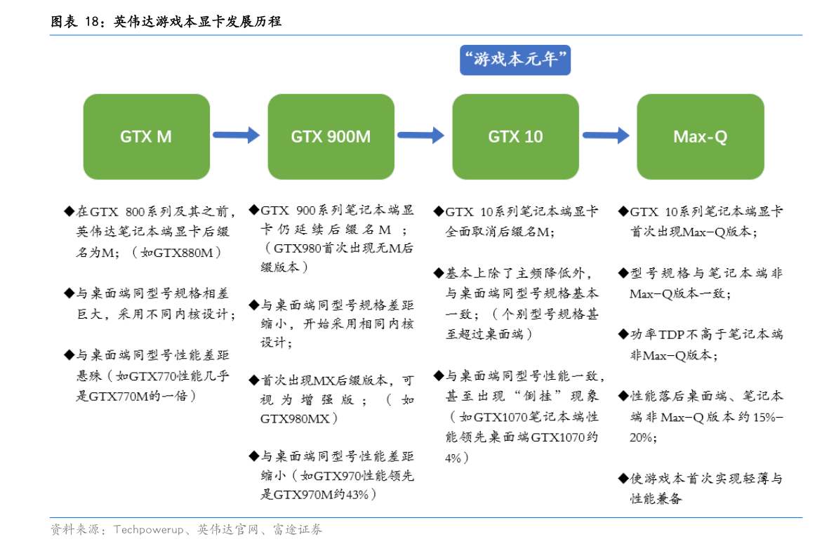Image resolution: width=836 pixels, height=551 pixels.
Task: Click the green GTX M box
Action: (147, 137)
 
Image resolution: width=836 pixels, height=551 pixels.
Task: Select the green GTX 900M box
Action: (331, 137)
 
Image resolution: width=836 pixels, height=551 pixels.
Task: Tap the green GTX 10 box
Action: (516, 137)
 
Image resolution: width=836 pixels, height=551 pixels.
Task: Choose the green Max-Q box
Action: (701, 137)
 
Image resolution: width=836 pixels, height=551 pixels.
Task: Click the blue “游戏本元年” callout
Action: (515, 60)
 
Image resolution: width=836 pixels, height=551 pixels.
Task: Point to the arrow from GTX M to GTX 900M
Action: (236, 135)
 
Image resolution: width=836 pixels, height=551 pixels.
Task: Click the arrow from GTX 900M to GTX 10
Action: (420, 135)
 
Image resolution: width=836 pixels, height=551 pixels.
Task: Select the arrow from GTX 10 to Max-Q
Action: (606, 135)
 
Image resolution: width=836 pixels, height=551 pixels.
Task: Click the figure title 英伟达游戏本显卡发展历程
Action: (197, 21)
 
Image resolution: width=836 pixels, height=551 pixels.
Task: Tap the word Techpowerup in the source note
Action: (148, 530)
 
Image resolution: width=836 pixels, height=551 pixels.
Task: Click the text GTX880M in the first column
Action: (183, 253)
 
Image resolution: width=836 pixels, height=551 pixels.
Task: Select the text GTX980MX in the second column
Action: (295, 419)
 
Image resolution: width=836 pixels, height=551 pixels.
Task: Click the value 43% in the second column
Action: (357, 495)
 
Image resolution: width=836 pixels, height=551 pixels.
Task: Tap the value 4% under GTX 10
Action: (453, 458)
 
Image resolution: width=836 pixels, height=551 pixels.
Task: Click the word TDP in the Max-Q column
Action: (671, 335)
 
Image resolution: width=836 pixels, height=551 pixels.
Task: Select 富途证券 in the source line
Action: (298, 530)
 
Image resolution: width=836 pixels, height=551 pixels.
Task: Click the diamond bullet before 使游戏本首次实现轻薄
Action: (623, 478)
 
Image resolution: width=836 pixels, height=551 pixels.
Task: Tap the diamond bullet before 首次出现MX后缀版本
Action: (254, 380)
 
